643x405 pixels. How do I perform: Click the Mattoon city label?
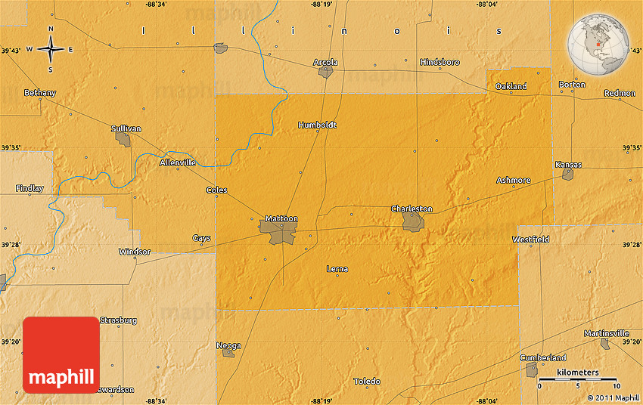281,218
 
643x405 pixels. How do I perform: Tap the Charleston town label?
412,209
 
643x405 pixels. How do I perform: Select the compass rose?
51,50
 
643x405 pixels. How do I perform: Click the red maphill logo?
61,354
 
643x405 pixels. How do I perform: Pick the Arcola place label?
325,62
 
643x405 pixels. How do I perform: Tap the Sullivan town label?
126,128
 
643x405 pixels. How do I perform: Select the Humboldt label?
317,125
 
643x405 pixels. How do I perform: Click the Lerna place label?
337,268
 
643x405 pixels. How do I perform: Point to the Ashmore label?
513,181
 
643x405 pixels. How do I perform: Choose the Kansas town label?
568,164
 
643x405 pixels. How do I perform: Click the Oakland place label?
511,87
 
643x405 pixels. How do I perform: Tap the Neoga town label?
228,345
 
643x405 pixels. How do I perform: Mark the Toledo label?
367,382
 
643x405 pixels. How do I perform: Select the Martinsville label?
606,333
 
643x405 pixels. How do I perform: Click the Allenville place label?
178,162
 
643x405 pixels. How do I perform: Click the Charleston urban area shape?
413,221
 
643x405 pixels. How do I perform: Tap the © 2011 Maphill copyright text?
613,397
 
